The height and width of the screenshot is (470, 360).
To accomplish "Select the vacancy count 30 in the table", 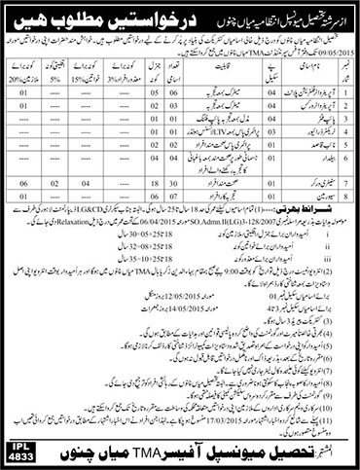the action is [175, 192].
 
